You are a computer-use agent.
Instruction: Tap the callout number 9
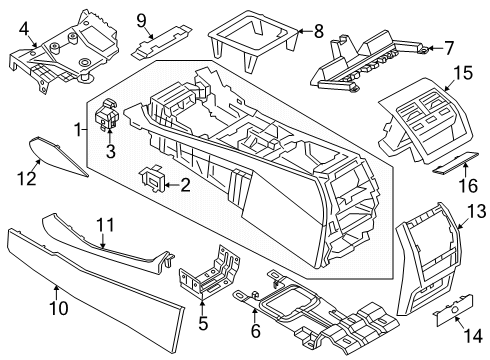141,18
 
